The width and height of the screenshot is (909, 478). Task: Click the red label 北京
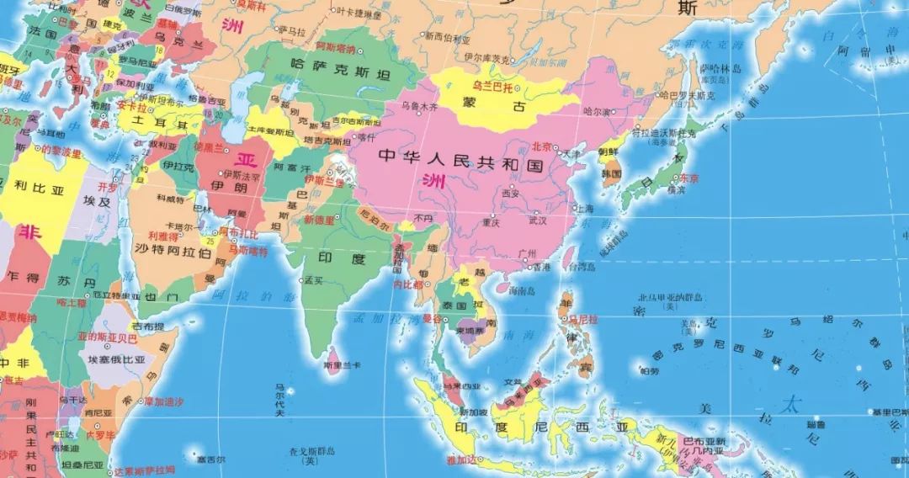click(x=540, y=146)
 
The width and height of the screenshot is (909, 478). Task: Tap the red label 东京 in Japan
click(x=689, y=178)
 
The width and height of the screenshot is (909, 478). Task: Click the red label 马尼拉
click(x=582, y=319)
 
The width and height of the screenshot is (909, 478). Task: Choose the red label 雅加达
click(x=462, y=459)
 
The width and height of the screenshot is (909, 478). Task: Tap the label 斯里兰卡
click(x=342, y=365)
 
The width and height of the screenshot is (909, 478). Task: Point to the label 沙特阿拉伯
click(x=173, y=250)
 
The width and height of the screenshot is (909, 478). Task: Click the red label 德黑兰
click(x=207, y=146)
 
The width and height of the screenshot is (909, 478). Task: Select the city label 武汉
click(x=537, y=220)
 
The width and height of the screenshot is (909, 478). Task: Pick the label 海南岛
click(x=522, y=290)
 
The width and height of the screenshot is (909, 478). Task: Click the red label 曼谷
click(x=433, y=320)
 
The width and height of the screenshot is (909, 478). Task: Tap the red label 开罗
click(x=107, y=187)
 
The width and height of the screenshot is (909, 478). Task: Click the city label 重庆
click(x=491, y=222)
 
